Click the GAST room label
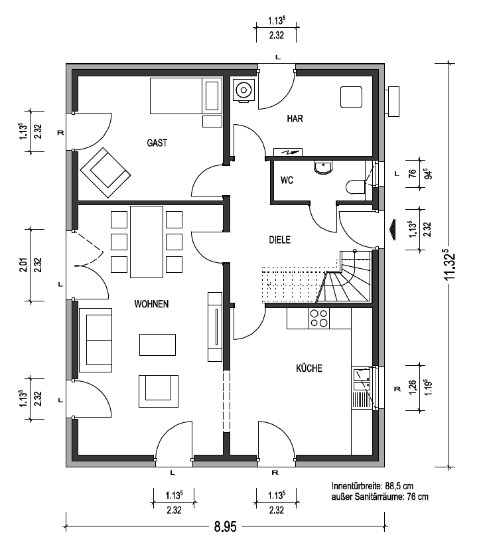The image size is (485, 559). [x=157, y=143]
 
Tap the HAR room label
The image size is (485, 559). [x=295, y=118]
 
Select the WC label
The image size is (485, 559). [x=287, y=181]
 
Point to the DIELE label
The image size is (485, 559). [x=280, y=240]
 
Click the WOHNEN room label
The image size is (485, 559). [x=151, y=304]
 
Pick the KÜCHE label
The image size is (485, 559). [x=309, y=368]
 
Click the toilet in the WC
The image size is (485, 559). [x=355, y=187]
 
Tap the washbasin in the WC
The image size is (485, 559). [x=323, y=167]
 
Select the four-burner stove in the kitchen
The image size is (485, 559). [x=319, y=318]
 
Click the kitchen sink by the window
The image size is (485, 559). [x=362, y=379]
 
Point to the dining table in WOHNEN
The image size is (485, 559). [x=147, y=242]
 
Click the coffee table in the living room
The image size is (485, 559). [x=157, y=345]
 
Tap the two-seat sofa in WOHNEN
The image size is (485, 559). [x=96, y=340]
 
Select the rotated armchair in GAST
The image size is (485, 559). [x=105, y=173]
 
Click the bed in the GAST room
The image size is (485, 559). [x=186, y=96]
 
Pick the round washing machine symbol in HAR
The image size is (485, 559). [x=243, y=90]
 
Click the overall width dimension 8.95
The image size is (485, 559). [x=225, y=526]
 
